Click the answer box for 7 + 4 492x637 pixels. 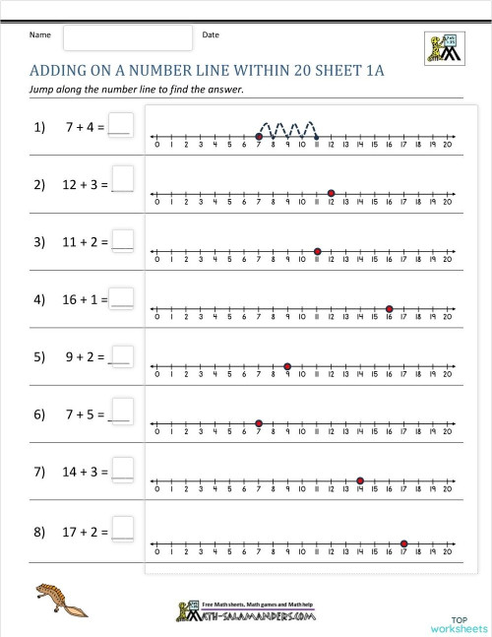120,126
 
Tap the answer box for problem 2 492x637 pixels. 123,178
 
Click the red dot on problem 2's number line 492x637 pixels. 332,193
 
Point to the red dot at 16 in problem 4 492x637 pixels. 390,309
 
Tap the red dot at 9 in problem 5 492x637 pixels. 287,367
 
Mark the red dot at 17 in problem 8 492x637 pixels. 404,542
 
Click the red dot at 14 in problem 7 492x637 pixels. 360,483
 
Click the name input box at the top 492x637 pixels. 128,37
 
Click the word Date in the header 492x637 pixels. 211,35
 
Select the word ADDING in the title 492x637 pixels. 60,71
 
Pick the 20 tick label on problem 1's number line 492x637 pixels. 448,145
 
